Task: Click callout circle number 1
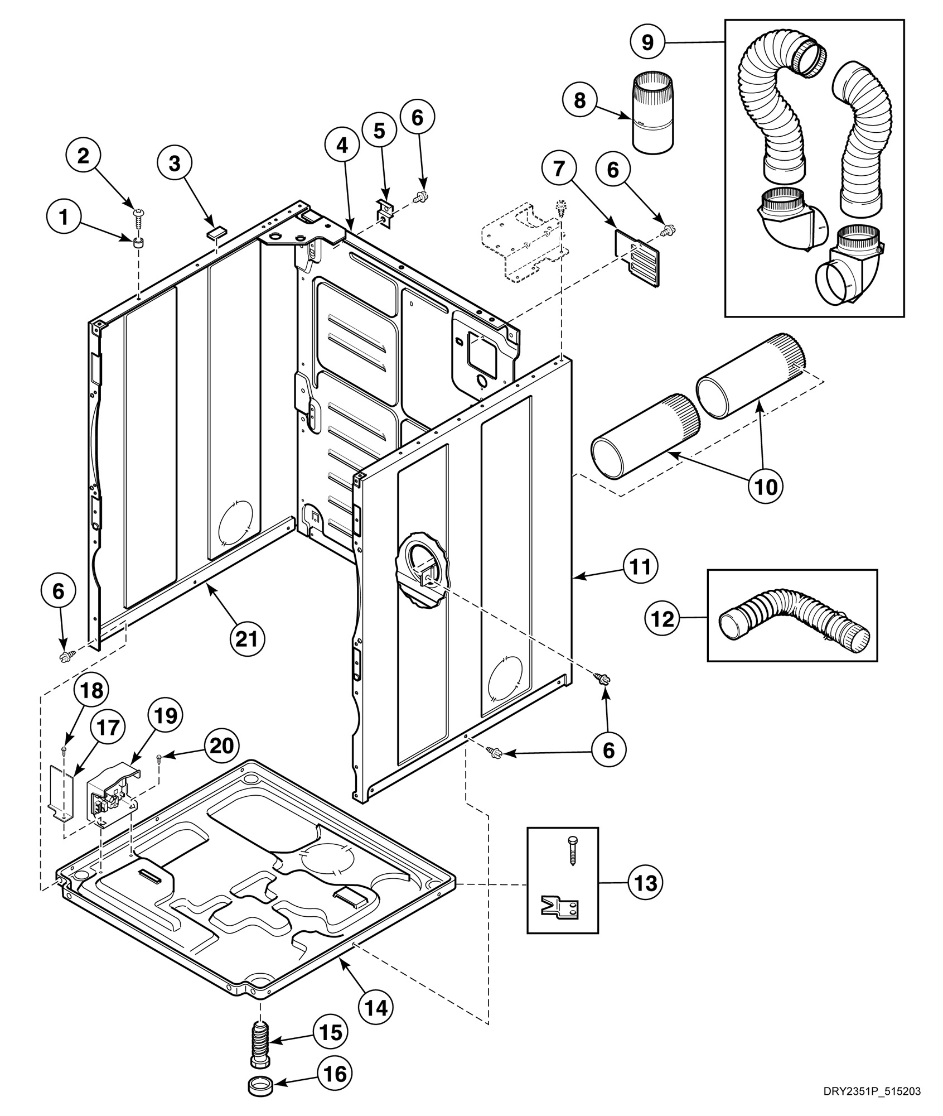(x=64, y=218)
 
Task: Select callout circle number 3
(x=175, y=164)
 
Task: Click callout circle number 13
(x=646, y=883)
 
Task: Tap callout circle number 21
(x=248, y=637)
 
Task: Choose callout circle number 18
(x=91, y=691)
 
